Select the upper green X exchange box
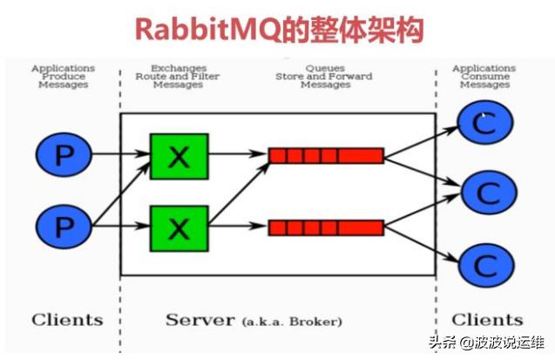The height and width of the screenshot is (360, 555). click(x=179, y=156)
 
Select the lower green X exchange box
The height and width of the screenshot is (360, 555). click(x=179, y=228)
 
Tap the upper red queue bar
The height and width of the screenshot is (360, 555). click(x=325, y=156)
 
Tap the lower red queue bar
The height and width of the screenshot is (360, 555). click(x=325, y=228)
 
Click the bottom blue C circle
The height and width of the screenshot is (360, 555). click(x=485, y=264)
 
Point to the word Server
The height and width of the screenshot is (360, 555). click(x=200, y=319)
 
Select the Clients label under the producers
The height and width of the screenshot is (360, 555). click(x=66, y=319)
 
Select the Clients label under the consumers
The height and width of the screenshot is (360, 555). click(x=487, y=319)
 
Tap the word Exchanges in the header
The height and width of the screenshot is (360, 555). click(x=178, y=68)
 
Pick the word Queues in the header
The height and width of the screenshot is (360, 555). click(x=324, y=68)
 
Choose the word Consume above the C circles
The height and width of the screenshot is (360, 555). click(x=484, y=77)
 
